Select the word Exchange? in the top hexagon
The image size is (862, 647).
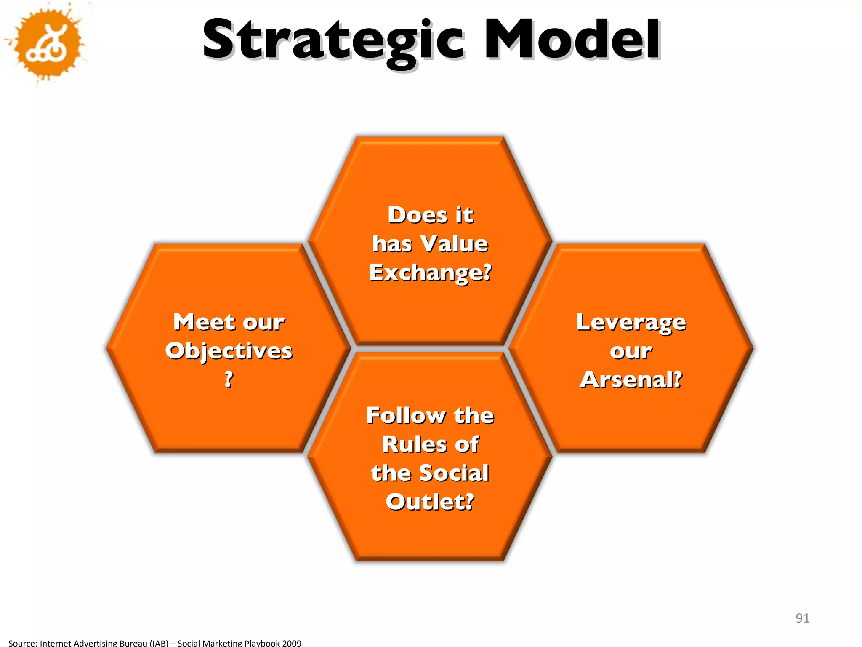tap(430, 272)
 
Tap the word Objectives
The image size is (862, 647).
tap(229, 351)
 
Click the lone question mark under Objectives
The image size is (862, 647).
tap(229, 379)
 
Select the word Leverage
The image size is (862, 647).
tap(631, 323)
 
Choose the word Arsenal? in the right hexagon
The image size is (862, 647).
tap(631, 379)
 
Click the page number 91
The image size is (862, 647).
tap(802, 618)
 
